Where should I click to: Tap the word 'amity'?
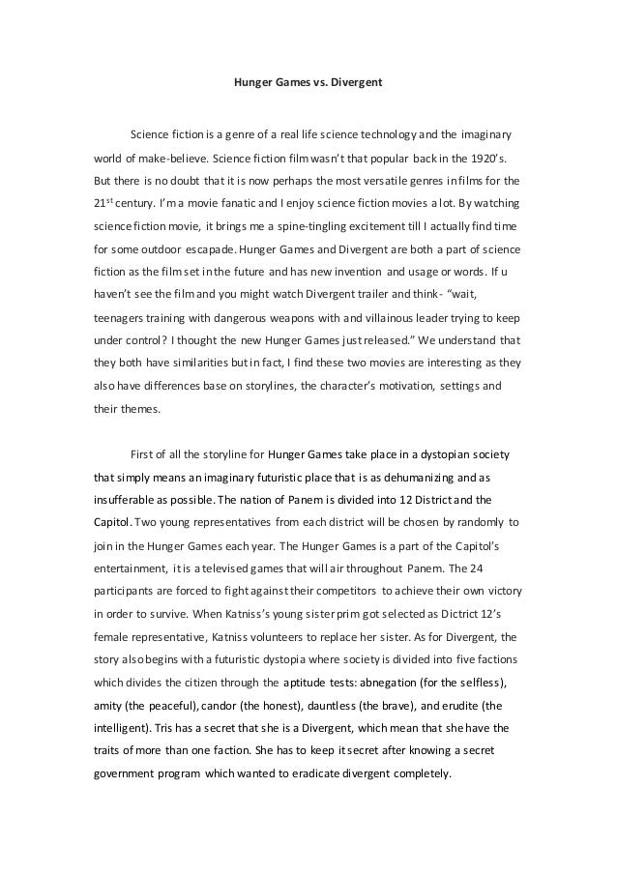tap(110, 706)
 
